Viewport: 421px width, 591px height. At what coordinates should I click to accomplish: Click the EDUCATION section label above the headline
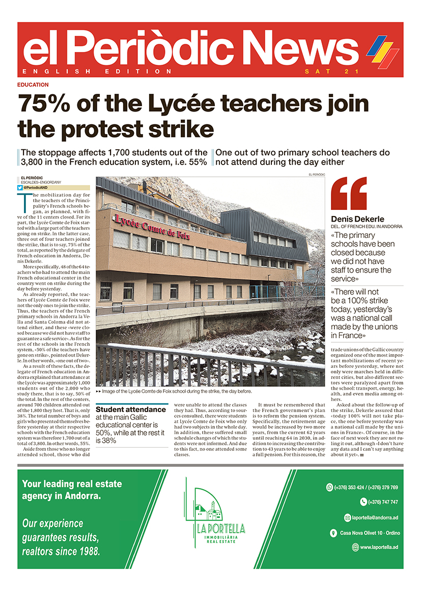click(33, 85)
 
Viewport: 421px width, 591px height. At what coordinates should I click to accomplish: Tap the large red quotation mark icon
click(349, 194)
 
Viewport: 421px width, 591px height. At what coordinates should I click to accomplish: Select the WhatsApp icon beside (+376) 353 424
click(329, 488)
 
